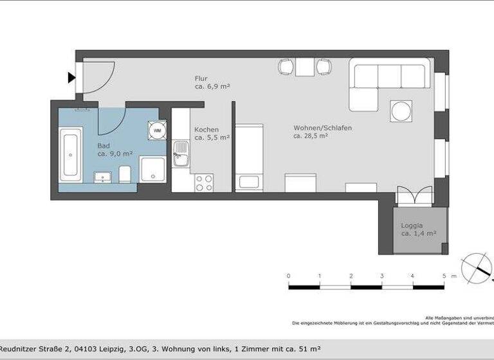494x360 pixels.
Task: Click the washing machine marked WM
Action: click(x=157, y=130)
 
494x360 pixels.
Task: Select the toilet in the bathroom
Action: click(x=125, y=174)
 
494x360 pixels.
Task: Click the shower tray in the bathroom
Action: click(x=153, y=170)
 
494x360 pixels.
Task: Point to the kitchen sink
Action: click(x=181, y=154)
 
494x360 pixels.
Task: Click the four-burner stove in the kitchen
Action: click(x=205, y=183)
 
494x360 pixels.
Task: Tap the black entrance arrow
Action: click(x=71, y=78)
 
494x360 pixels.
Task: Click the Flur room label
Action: click(x=201, y=79)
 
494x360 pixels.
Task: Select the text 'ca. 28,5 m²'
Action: click(x=311, y=136)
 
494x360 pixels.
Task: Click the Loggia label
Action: click(x=412, y=226)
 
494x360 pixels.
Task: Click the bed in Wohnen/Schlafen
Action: click(x=250, y=157)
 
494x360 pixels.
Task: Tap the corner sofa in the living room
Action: click(x=386, y=80)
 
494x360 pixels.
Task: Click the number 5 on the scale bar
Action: click(x=444, y=276)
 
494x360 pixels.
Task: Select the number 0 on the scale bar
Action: click(x=288, y=276)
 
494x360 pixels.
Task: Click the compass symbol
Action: click(x=477, y=267)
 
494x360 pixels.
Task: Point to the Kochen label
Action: click(x=206, y=129)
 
